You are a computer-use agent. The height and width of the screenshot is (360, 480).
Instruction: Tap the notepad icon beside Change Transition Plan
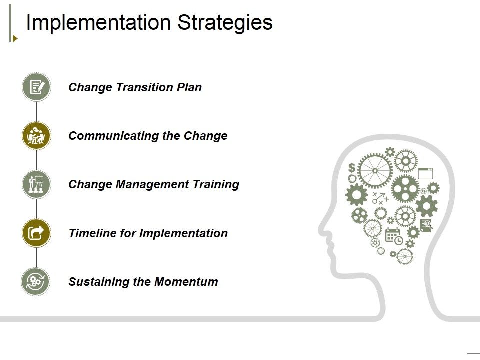click(36, 87)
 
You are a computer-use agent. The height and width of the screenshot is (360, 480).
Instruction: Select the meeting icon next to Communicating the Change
click(36, 136)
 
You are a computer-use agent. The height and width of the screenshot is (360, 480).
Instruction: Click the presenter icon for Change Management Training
click(36, 184)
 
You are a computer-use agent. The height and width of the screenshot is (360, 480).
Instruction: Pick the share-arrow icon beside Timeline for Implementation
click(36, 233)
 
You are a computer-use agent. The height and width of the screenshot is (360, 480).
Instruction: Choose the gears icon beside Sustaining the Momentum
click(36, 281)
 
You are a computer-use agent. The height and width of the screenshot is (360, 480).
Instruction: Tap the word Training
click(216, 184)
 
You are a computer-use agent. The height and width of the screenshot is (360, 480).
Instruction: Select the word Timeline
click(88, 233)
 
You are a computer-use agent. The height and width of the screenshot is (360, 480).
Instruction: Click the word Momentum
click(186, 282)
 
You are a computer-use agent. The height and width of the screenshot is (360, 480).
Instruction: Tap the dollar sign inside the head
click(352, 167)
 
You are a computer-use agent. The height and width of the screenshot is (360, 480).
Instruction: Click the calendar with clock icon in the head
click(393, 236)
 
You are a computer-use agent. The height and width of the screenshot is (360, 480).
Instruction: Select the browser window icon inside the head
click(425, 173)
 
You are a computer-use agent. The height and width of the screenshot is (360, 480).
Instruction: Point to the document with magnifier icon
click(426, 226)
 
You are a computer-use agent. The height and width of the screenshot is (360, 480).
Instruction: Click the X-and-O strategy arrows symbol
click(380, 198)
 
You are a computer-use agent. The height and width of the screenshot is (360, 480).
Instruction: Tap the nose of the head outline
click(322, 231)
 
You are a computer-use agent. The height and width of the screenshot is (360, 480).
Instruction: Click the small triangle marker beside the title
click(15, 38)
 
